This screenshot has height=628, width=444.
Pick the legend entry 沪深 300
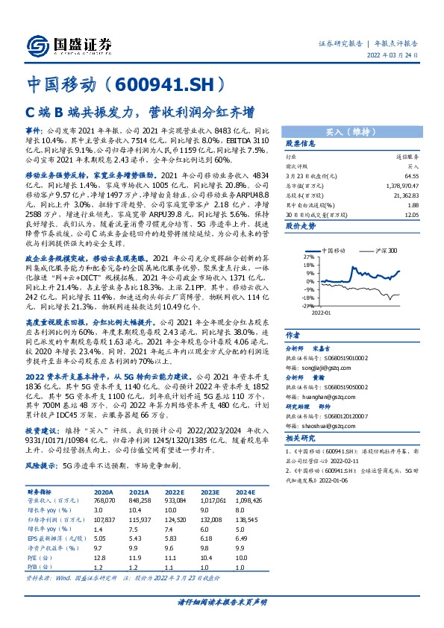[385, 250]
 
